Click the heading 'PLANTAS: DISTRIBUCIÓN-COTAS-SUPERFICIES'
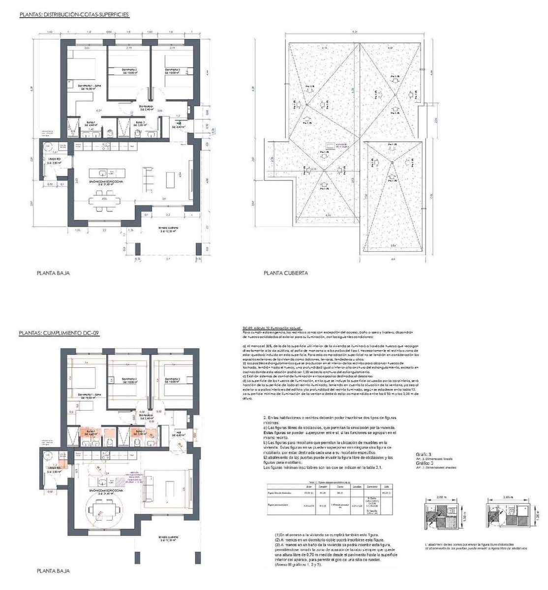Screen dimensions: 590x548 pyautogui.click(x=74, y=15)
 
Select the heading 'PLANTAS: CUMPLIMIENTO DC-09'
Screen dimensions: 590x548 pyautogui.click(x=59, y=333)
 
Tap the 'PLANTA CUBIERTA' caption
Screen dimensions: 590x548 pyautogui.click(x=286, y=273)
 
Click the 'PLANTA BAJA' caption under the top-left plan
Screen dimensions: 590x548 pyautogui.click(x=53, y=273)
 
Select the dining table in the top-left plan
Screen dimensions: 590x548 pyautogui.click(x=104, y=201)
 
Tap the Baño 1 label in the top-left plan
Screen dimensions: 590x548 pyautogui.click(x=90, y=124)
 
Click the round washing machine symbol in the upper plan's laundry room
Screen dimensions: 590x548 pyautogui.click(x=48, y=146)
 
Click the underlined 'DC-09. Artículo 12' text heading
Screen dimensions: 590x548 pyautogui.click(x=273, y=328)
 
